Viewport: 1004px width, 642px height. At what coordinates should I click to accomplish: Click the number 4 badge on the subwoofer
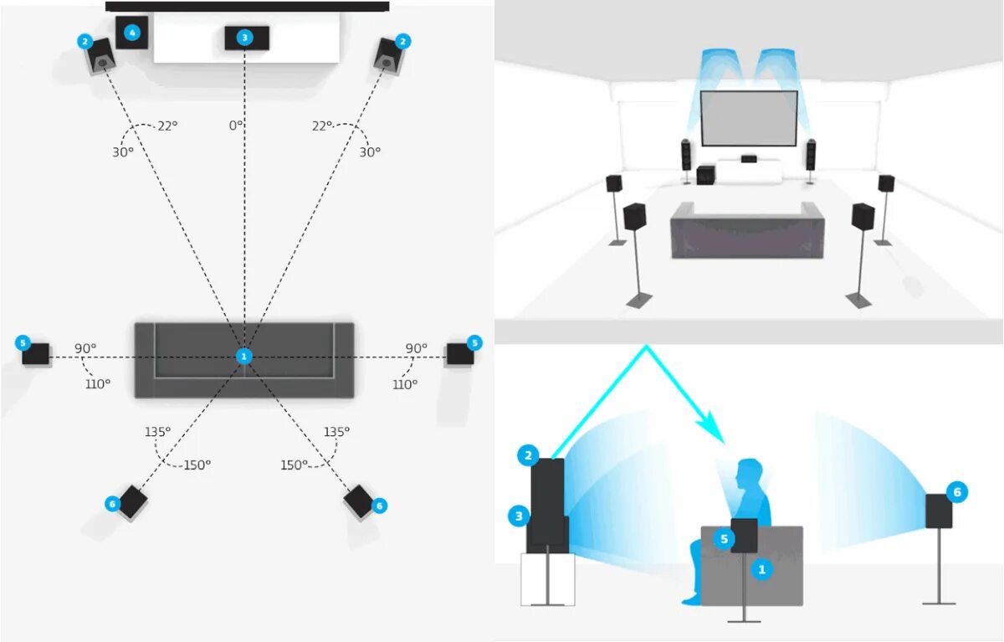coord(131,33)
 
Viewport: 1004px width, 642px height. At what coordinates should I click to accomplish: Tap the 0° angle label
coord(236,125)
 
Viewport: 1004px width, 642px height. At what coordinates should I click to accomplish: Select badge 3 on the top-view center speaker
coord(244,38)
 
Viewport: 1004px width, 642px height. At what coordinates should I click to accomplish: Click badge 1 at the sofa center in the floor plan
coord(244,357)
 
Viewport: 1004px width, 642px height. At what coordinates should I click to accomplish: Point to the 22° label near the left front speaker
coord(167,126)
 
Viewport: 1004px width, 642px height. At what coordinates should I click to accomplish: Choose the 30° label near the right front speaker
coord(370,152)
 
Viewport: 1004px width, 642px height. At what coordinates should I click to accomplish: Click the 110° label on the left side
coord(98,383)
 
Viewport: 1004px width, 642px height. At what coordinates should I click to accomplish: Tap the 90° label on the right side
coord(416,348)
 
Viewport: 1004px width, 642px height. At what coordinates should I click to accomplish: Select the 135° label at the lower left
coord(156,432)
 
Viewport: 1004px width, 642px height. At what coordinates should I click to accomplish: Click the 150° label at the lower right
coord(294,465)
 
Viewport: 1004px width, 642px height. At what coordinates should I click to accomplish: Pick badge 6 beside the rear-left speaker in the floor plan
coord(112,504)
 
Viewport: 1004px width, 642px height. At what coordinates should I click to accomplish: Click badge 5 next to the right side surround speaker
coord(474,342)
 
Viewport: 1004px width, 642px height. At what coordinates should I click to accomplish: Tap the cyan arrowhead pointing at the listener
coord(714,432)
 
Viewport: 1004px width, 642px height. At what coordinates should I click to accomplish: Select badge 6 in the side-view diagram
coord(957,492)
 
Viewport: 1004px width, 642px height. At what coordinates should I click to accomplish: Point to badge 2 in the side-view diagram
coord(528,456)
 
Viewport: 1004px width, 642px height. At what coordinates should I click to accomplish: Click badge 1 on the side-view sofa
coord(761,570)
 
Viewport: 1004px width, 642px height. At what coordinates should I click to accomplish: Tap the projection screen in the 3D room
coord(749,117)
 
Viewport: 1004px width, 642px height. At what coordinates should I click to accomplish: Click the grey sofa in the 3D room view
coord(747,230)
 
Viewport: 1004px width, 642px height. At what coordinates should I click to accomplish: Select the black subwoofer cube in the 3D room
coord(705,176)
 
